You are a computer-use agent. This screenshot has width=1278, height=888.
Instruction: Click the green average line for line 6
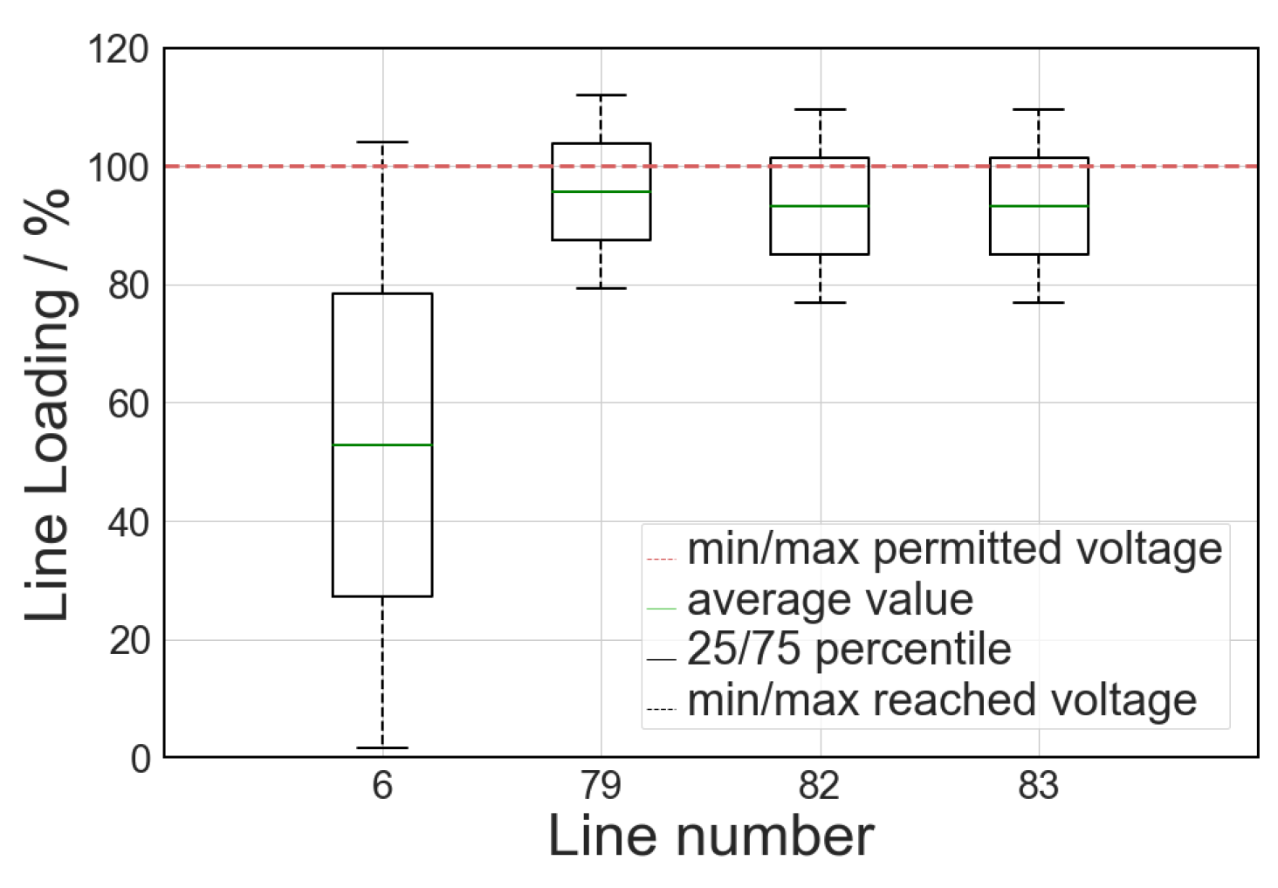[382, 445]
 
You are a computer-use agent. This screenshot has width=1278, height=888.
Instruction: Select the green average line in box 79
[601, 191]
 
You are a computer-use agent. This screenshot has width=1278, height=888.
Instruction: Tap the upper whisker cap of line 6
[382, 142]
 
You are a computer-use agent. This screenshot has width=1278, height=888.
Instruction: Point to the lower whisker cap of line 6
[382, 747]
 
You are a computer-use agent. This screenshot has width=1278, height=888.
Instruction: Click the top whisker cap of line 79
[601, 95]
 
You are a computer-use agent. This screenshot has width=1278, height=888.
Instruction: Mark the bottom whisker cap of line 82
[820, 302]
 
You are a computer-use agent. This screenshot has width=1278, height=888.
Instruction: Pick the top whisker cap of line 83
[1039, 110]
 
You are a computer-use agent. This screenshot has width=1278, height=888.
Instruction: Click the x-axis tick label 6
[382, 786]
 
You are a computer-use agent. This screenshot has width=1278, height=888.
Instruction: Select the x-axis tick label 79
[601, 786]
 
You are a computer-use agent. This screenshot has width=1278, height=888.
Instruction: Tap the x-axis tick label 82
[820, 786]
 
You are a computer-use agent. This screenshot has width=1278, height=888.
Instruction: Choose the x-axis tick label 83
[1039, 786]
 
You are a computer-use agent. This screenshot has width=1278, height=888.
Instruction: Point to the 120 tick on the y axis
[119, 50]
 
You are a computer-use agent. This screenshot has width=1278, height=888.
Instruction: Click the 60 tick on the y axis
[129, 404]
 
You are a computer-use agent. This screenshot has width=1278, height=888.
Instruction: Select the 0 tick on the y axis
[141, 759]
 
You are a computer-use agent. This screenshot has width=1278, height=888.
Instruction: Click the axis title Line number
[711, 836]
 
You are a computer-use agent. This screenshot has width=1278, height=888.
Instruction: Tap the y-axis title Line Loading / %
[48, 403]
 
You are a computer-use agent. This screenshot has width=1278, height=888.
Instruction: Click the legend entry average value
[829, 600]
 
